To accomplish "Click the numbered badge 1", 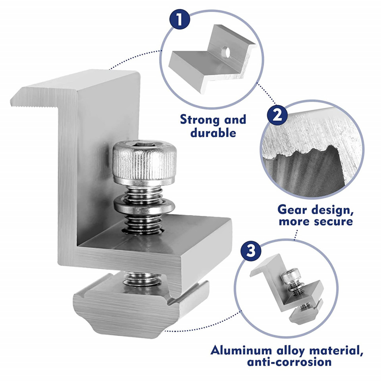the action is pos(179,19).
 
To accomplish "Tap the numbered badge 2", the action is pos(277,115).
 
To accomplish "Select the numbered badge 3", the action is pos(251,251).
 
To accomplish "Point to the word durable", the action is pos(213,133).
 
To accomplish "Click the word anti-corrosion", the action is pos(289,362).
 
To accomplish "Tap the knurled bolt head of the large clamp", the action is pos(144,162).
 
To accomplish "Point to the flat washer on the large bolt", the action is pos(144,206).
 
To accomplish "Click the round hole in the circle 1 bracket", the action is pos(226,52).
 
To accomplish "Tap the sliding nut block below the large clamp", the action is pos(141,309).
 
